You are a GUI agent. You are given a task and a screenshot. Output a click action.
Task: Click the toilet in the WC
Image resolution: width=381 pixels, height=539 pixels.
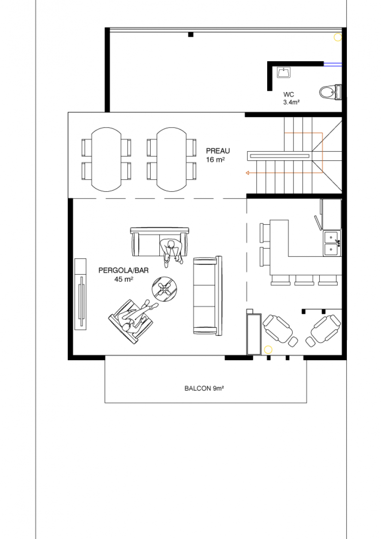click(x=330, y=92)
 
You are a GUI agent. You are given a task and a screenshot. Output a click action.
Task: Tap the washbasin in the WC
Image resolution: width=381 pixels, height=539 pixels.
click(x=284, y=72)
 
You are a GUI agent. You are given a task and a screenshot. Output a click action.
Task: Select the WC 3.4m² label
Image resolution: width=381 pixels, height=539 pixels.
click(x=291, y=98)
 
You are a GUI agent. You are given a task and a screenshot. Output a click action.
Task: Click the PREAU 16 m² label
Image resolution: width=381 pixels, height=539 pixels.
click(x=217, y=155)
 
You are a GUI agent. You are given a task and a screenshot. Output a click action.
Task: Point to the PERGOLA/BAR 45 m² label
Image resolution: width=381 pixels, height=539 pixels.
click(x=123, y=275)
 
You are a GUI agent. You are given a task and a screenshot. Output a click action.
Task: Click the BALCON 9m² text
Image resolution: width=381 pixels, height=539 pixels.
click(x=204, y=388)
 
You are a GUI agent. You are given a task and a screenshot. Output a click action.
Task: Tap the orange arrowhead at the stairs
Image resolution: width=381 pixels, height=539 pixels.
click(x=247, y=173)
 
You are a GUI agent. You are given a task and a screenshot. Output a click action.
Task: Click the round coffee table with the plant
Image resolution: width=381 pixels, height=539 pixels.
click(x=164, y=289)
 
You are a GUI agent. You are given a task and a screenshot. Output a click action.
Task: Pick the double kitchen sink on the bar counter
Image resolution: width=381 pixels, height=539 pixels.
click(x=332, y=243)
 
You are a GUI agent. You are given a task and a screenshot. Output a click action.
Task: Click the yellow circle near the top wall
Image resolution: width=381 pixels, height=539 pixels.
click(x=338, y=37)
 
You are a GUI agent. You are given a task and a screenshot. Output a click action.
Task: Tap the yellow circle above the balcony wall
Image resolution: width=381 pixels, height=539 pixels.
click(x=268, y=350)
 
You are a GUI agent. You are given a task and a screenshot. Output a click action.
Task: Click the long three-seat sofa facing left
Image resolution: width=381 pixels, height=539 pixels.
click(x=207, y=296)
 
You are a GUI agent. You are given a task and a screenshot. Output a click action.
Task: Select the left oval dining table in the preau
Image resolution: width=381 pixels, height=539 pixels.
click(x=106, y=159)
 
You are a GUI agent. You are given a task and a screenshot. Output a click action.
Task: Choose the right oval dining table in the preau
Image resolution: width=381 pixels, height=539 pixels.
click(x=171, y=159)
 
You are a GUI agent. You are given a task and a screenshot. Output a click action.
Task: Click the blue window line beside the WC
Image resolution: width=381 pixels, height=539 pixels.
click(x=333, y=64)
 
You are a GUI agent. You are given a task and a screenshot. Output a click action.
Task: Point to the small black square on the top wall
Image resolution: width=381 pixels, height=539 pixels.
click(x=191, y=35)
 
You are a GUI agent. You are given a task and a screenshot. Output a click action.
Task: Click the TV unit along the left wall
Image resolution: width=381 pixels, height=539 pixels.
click(x=81, y=294)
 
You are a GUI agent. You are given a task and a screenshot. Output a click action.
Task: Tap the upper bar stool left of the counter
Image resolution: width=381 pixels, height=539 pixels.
click(x=265, y=232)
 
